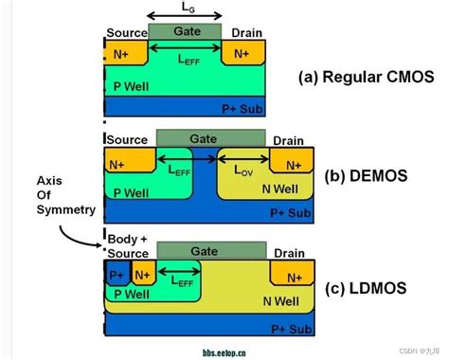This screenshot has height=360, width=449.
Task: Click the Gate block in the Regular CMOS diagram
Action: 185,31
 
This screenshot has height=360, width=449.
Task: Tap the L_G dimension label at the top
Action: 186,9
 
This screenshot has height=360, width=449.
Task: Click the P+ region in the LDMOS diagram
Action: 117,276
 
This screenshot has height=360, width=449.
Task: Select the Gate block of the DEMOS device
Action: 210,138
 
